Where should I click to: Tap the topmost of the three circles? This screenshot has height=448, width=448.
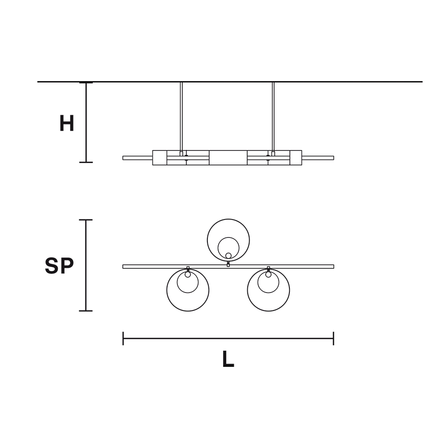click(x=230, y=240)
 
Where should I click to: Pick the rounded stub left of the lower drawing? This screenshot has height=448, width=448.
click(x=56, y=265)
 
